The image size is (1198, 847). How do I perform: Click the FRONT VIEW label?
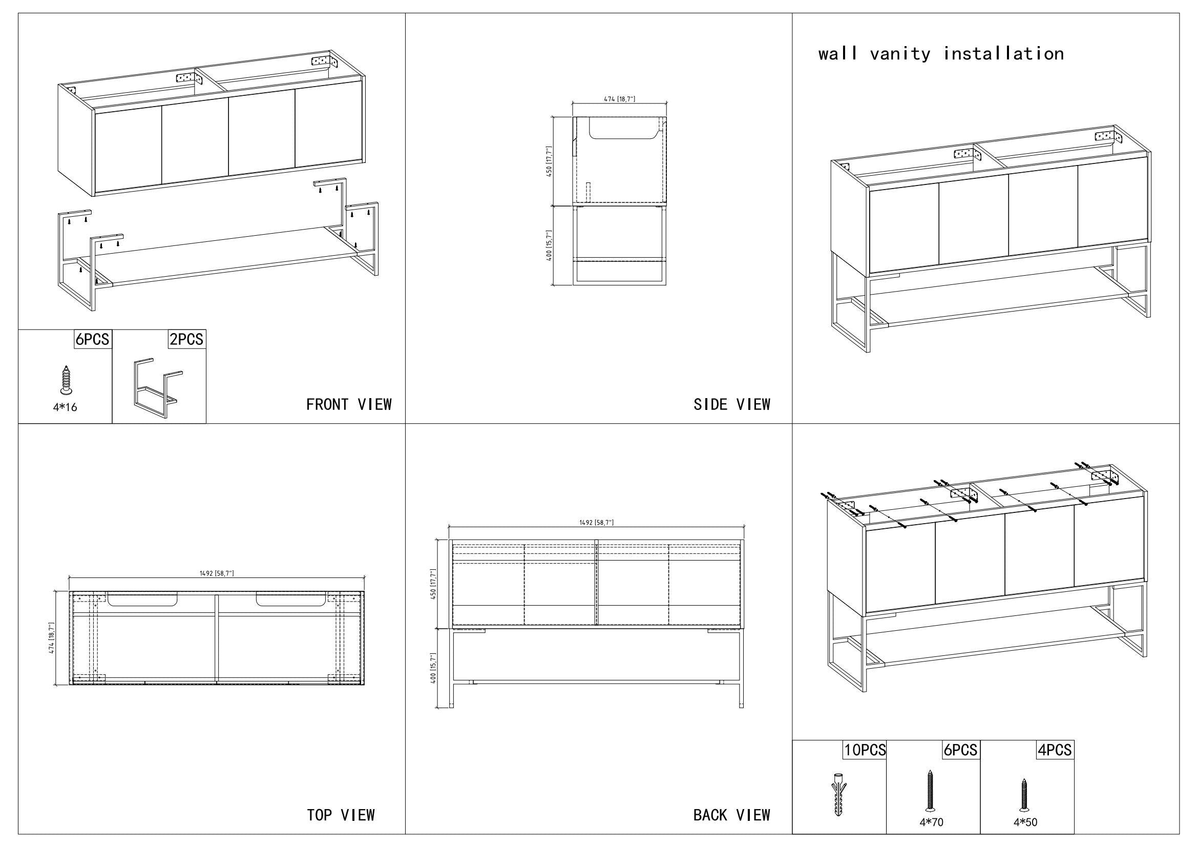[x=349, y=404]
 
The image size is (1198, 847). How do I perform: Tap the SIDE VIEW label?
[x=731, y=404]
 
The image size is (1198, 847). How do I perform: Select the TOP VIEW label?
[x=341, y=815]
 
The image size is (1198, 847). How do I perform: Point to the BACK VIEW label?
[x=731, y=815]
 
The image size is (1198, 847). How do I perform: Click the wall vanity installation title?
[x=941, y=54]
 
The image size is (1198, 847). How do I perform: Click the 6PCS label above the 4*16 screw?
[x=92, y=339]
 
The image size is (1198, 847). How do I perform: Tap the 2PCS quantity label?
[x=186, y=339]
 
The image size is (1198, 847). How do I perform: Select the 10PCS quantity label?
[x=865, y=750]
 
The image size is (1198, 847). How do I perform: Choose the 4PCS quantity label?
[x=1055, y=750]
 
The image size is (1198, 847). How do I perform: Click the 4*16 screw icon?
[x=65, y=379]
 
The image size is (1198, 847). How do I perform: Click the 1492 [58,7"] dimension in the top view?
[x=217, y=573]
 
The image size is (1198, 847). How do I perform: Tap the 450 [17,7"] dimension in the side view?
[x=549, y=162]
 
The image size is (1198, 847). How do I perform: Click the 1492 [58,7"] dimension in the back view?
[x=596, y=523]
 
